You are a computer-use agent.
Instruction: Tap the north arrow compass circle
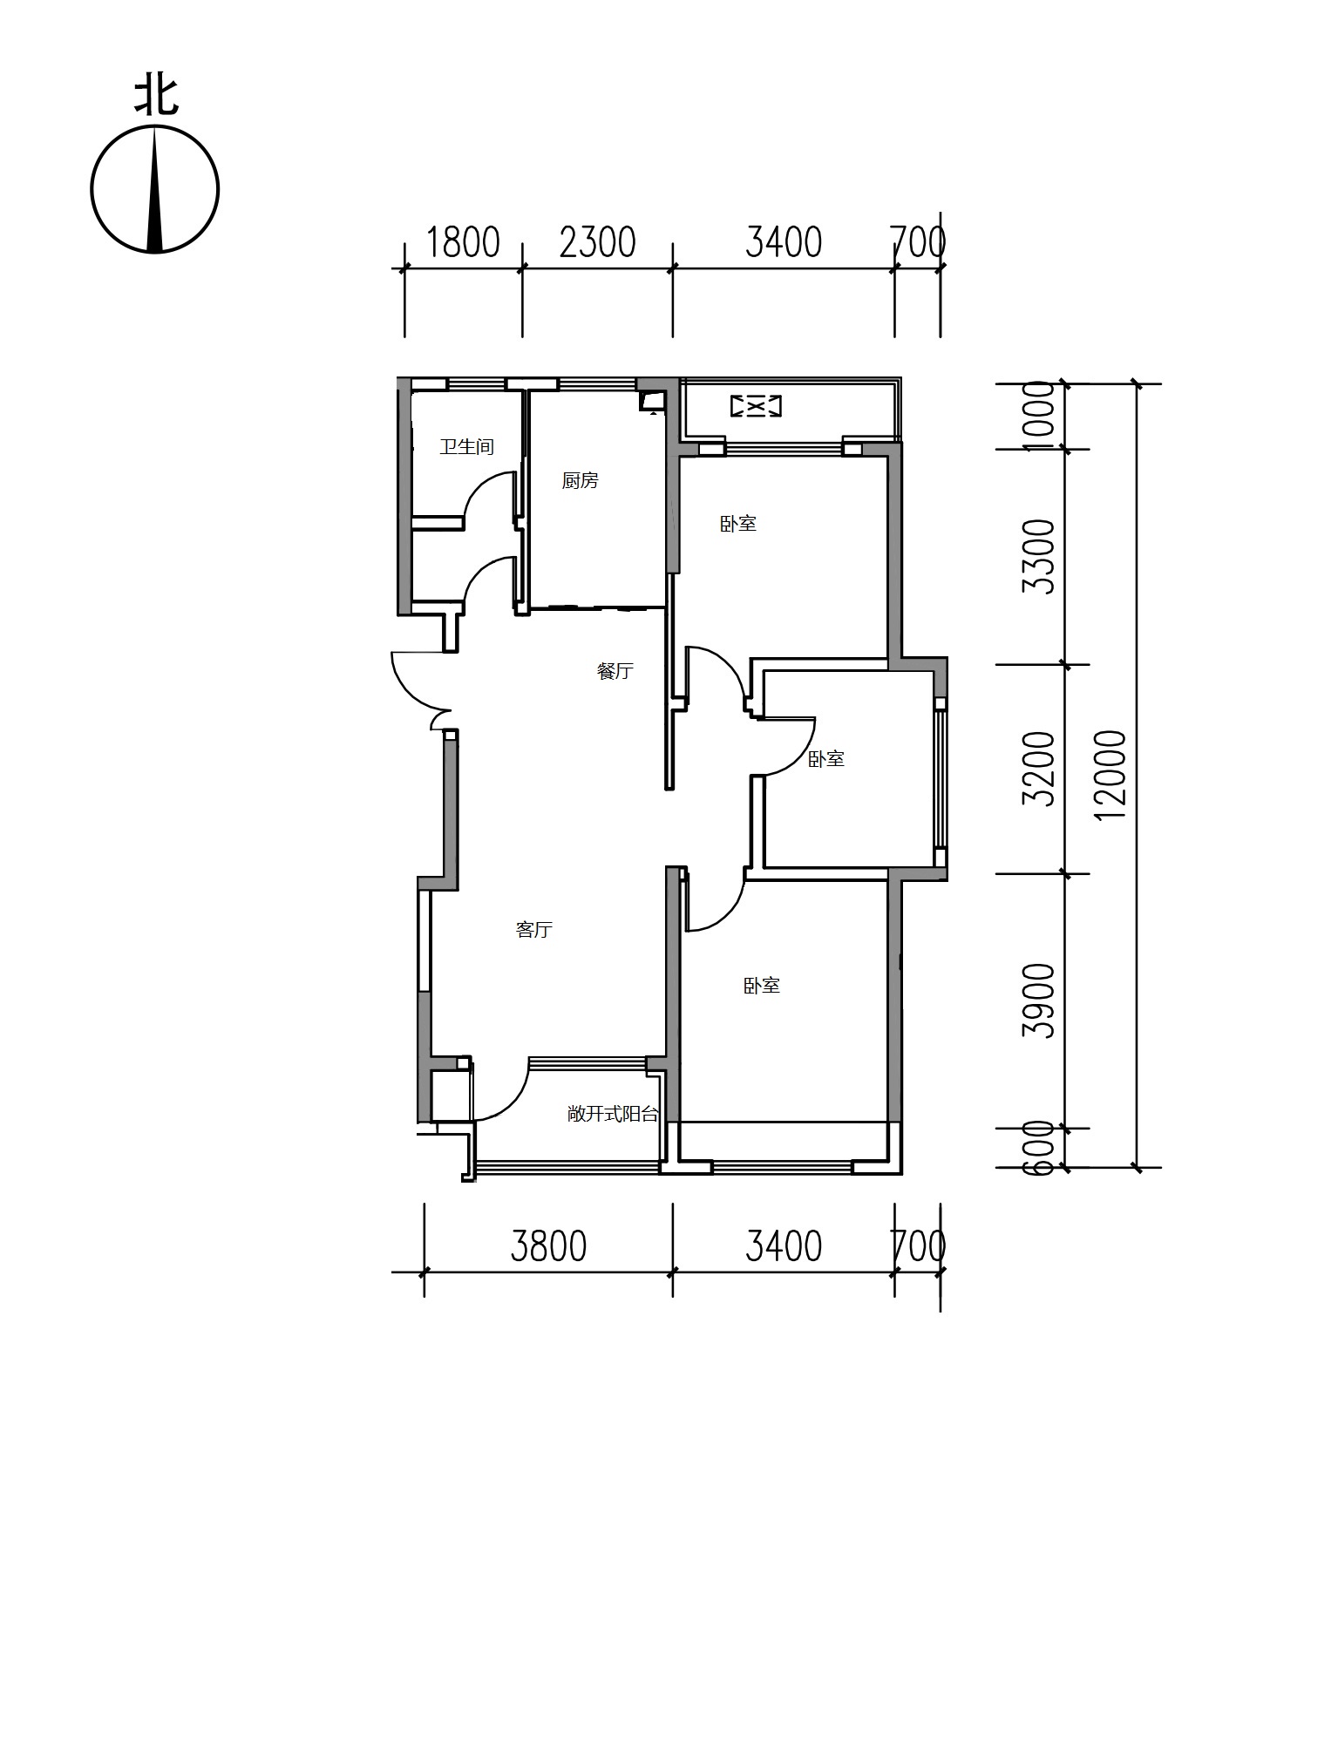92,190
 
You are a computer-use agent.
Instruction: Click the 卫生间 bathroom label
467,447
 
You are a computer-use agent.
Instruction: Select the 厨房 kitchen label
581,480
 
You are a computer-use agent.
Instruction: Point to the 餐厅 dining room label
615,671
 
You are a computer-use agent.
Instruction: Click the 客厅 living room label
534,930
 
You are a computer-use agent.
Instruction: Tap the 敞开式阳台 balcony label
613,1114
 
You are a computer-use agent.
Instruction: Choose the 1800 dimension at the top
463,242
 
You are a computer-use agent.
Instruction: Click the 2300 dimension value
598,242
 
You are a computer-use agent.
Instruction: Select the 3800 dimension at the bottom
548,1246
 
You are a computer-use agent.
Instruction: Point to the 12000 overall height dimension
1111,774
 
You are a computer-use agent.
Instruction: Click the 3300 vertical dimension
1039,557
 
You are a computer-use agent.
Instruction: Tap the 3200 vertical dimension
1039,769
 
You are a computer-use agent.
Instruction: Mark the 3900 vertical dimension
1039,1000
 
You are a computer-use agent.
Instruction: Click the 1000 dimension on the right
1039,416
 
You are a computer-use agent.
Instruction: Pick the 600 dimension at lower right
1039,1148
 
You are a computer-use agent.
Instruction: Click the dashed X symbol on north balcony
756,405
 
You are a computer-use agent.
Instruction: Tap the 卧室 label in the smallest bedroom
826,759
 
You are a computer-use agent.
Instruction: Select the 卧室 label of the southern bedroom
762,986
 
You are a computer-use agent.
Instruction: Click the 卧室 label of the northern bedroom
738,524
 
